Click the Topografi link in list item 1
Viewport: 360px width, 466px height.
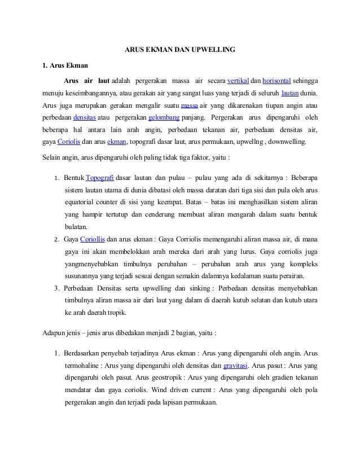coord(99,177)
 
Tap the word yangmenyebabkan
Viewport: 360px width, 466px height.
coord(93,264)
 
